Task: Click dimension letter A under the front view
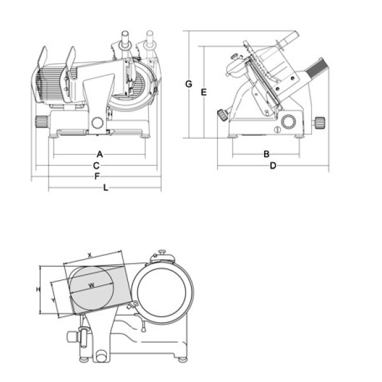pyautogui.click(x=99, y=153)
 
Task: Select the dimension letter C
pyautogui.click(x=95, y=165)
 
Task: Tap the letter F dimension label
pyautogui.click(x=96, y=176)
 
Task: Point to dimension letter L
pyautogui.click(x=106, y=187)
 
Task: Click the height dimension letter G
pyautogui.click(x=188, y=83)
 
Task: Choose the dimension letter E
pyautogui.click(x=203, y=92)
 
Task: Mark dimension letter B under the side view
pyautogui.click(x=267, y=153)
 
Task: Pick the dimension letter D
pyautogui.click(x=272, y=166)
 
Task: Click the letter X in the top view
pyautogui.click(x=90, y=254)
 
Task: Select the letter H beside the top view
pyautogui.click(x=38, y=290)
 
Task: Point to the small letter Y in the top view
pyautogui.click(x=53, y=297)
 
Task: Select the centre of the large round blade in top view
pyautogui.click(x=164, y=293)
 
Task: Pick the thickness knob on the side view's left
pyautogui.click(x=223, y=115)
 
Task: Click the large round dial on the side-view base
pyautogui.click(x=290, y=122)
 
